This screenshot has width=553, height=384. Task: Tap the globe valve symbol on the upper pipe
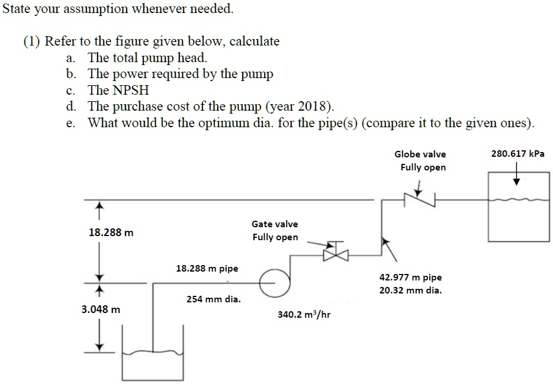pyautogui.click(x=420, y=200)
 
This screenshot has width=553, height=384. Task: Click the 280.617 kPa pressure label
pyautogui.click(x=517, y=153)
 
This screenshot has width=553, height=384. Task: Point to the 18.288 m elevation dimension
pyautogui.click(x=111, y=233)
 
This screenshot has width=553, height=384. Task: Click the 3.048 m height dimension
pyautogui.click(x=101, y=309)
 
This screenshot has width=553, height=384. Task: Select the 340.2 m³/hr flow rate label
pyautogui.click(x=304, y=314)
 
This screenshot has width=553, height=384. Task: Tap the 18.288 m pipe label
pyautogui.click(x=207, y=268)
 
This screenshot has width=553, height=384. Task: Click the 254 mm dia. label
pyautogui.click(x=214, y=299)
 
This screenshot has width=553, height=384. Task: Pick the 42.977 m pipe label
pyautogui.click(x=410, y=277)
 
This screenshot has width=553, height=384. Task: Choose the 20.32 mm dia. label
pyautogui.click(x=410, y=291)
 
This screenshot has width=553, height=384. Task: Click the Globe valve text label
pyautogui.click(x=420, y=154)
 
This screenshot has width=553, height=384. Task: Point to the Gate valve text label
pyautogui.click(x=275, y=224)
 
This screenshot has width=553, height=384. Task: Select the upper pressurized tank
pyautogui.click(x=517, y=207)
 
